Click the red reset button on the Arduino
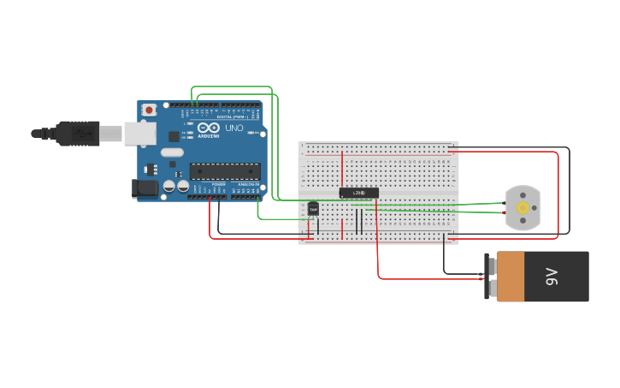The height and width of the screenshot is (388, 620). click(x=150, y=110)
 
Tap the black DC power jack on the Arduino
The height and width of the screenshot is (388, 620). click(x=145, y=188)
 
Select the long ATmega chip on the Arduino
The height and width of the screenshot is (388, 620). click(x=225, y=171)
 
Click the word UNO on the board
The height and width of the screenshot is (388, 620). click(x=233, y=128)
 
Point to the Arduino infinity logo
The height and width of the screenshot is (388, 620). click(x=209, y=128)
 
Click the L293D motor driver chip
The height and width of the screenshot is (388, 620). click(x=358, y=193)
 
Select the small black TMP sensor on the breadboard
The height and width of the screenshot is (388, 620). click(x=313, y=208)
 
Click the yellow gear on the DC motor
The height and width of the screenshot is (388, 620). click(x=523, y=208)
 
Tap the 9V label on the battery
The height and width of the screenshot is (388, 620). click(x=552, y=277)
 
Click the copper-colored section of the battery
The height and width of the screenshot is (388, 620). click(x=511, y=277)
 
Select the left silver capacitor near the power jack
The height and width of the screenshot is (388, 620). click(x=169, y=185)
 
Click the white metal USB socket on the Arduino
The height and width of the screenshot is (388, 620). click(x=139, y=133)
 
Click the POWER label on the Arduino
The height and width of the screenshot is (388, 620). click(x=219, y=184)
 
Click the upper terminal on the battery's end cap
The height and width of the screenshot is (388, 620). click(x=492, y=265)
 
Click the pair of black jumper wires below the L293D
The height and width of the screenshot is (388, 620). click(x=358, y=222)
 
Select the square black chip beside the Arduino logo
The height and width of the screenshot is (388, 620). click(x=174, y=135)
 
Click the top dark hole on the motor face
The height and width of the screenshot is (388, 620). click(x=523, y=195)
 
